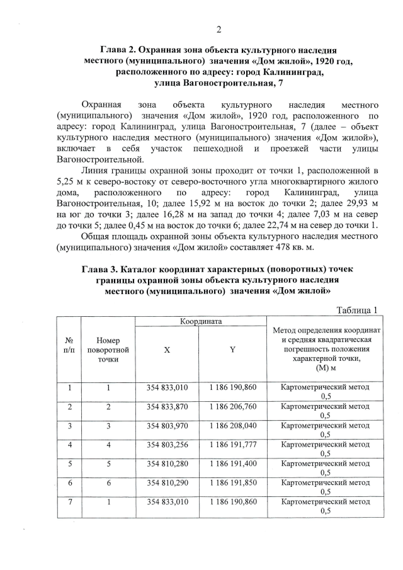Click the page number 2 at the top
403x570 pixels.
[x=219, y=30]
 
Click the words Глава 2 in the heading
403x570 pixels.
[x=119, y=49]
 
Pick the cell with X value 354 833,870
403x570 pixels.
[x=167, y=406]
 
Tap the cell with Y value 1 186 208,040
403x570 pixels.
[x=232, y=425]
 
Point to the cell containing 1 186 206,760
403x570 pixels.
[x=232, y=406]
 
